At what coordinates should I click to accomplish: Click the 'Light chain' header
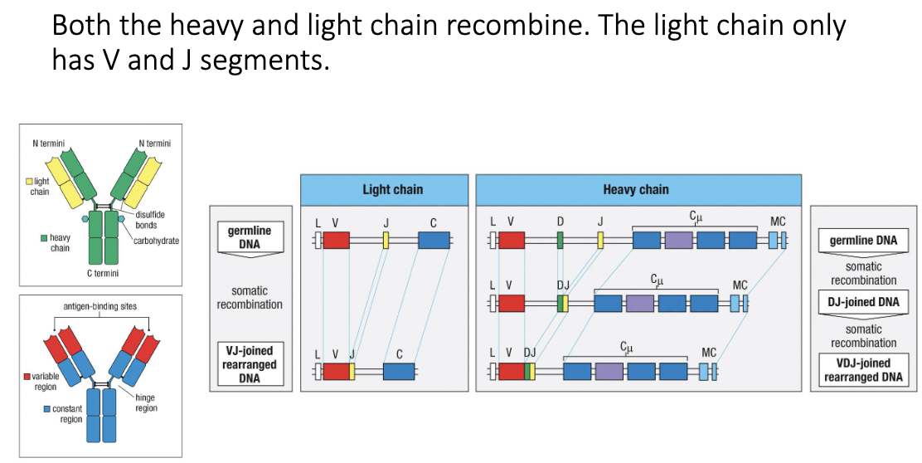click(392, 190)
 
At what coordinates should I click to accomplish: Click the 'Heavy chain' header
click(636, 190)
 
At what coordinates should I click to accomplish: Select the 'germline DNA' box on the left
click(249, 236)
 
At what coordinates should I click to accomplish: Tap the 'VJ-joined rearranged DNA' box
click(249, 364)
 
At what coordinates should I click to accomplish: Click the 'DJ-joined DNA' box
click(863, 302)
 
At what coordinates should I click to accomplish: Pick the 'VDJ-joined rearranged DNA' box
click(863, 370)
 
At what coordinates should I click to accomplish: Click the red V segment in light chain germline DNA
click(336, 241)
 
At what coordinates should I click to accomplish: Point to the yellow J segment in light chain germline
click(386, 241)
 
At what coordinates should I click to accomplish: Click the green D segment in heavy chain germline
click(560, 241)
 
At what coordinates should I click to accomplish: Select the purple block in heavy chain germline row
click(678, 241)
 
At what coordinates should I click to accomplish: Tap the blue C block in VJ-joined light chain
click(399, 371)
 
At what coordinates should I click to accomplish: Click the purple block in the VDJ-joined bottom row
click(609, 371)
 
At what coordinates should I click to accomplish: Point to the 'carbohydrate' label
click(156, 241)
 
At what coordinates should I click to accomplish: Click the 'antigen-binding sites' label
click(100, 306)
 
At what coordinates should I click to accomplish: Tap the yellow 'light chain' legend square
click(29, 181)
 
